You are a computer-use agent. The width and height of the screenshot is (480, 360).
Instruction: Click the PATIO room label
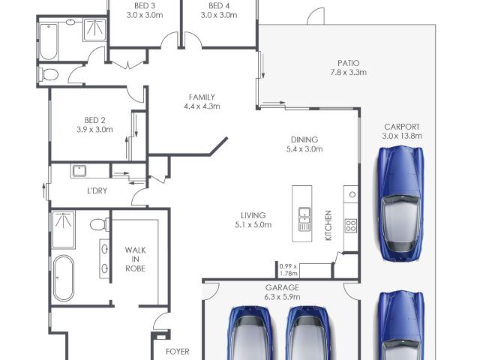348,63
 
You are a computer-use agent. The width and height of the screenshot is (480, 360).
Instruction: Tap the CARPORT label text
402,127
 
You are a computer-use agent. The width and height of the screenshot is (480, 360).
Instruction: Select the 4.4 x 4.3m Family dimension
202,106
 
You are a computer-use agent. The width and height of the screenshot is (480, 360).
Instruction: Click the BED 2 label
94,120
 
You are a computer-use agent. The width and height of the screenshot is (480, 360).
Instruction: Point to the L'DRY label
97,190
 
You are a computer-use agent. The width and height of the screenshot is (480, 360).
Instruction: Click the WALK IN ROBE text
135,259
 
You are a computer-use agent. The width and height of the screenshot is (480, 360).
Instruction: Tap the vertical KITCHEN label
328,225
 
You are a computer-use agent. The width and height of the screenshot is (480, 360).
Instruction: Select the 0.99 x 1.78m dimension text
288,270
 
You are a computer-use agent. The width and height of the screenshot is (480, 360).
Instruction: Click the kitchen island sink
304,219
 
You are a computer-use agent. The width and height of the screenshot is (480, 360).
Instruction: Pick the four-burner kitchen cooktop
351,226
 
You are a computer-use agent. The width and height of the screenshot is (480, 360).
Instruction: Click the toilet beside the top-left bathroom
48,74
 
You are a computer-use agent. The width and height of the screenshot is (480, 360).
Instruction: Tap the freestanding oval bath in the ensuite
63,278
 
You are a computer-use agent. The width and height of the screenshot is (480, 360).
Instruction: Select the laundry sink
79,171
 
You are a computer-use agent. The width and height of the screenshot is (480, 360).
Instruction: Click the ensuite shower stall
63,229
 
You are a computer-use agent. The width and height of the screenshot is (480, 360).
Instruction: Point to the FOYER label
178,352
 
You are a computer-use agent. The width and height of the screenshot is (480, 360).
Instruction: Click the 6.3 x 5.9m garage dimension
282,297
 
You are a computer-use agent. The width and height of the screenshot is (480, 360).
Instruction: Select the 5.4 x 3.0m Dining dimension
304,149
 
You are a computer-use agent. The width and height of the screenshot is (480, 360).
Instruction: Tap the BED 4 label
219,6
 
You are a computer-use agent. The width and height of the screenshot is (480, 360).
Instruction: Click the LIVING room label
253,215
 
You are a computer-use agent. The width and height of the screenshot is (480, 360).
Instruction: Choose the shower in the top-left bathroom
95,29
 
